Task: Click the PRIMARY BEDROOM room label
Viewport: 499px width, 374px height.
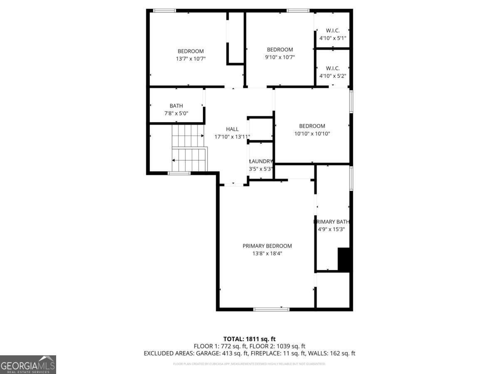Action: click(267, 246)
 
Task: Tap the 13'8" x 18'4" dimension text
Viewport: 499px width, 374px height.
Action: click(267, 253)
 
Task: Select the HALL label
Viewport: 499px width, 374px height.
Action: click(232, 129)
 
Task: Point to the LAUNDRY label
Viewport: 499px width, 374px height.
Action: click(261, 161)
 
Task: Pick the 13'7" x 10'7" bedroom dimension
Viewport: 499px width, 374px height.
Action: click(190, 59)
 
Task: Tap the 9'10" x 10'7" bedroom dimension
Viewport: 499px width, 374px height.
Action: click(280, 57)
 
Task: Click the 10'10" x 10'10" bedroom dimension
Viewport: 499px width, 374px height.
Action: click(312, 133)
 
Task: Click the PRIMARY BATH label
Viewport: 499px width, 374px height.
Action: click(331, 221)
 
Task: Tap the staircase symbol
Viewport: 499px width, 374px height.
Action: click(189, 148)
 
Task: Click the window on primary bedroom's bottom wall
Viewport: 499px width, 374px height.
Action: click(271, 309)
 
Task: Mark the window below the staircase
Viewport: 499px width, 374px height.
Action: click(179, 173)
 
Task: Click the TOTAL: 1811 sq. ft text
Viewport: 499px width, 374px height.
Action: click(249, 339)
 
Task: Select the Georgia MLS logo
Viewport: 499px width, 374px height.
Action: click(28, 364)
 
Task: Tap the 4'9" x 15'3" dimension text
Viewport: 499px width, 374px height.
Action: click(331, 229)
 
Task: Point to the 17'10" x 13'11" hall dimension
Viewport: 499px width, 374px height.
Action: click(232, 137)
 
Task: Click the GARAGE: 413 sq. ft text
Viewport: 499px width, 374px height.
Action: click(225, 354)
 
